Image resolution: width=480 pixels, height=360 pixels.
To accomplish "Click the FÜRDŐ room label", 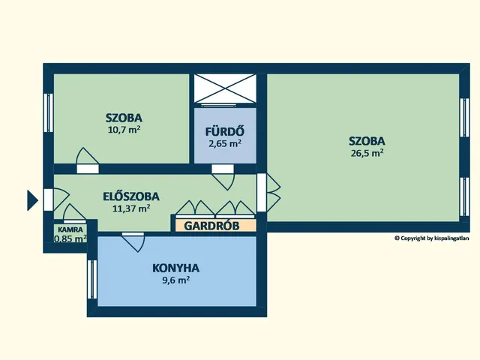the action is [x=225, y=131].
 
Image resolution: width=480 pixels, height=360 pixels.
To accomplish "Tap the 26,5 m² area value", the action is [x=367, y=153].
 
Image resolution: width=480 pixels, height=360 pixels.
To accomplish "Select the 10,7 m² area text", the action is [x=124, y=130].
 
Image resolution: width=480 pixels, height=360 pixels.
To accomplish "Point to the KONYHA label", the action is [x=175, y=268].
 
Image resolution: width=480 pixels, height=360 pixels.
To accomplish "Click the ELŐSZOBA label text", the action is [x=131, y=196].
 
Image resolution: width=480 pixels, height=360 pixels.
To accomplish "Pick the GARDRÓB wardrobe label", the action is [x=211, y=226].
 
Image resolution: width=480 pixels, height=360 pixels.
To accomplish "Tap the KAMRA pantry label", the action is [x=70, y=229].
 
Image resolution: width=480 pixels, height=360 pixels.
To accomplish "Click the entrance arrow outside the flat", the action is [x=32, y=200].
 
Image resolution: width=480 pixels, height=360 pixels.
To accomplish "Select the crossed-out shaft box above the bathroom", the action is [x=225, y=88].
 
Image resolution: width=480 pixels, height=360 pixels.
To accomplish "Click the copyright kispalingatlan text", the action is [x=432, y=238].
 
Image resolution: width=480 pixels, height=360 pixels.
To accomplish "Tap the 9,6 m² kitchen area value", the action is [x=175, y=280].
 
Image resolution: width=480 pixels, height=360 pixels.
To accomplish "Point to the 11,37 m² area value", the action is [x=131, y=208].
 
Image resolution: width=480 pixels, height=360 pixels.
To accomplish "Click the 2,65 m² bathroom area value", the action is [x=225, y=143].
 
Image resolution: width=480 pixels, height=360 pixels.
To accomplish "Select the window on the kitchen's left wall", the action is [x=92, y=279].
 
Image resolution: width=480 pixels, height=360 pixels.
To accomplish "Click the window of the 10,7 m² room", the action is [x=48, y=112].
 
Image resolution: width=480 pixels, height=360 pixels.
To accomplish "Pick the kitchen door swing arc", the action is [x=138, y=244].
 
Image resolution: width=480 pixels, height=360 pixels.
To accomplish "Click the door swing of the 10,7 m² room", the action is [x=87, y=155].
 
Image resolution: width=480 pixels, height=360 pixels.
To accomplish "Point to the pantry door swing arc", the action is [x=74, y=211].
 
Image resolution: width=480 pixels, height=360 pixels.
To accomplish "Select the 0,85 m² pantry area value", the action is [x=70, y=238].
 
